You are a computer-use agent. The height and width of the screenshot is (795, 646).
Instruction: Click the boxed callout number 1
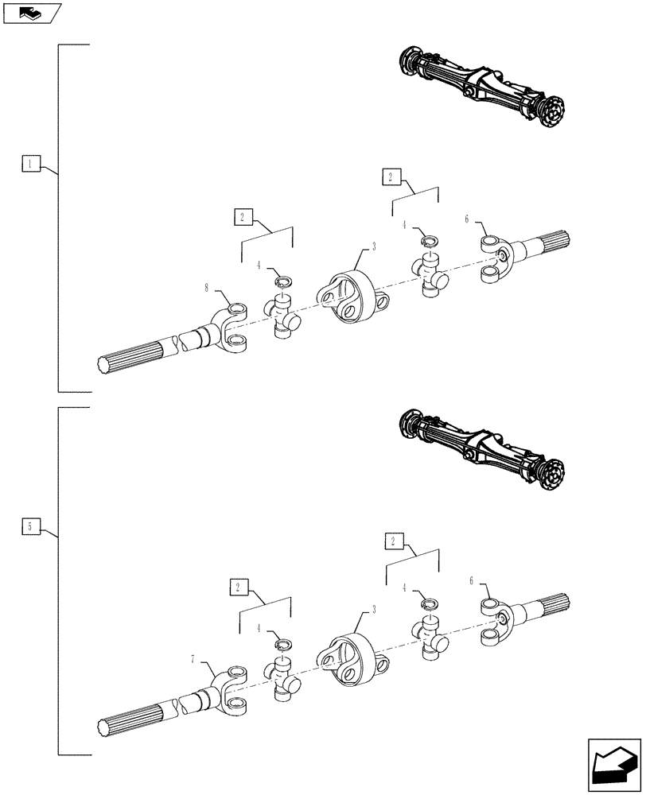click(29, 165)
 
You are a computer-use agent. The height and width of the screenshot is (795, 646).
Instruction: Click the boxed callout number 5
click(29, 526)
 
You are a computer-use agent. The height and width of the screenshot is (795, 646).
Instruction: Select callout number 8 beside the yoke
click(206, 289)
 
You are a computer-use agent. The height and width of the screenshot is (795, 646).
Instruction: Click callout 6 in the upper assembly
click(467, 219)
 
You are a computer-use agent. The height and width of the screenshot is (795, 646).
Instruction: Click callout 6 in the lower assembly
click(471, 581)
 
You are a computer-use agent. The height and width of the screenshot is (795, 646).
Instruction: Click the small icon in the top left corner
click(33, 12)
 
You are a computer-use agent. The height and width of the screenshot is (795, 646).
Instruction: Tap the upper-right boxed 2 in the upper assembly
click(391, 176)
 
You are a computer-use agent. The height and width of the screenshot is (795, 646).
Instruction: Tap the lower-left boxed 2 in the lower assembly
click(236, 588)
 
